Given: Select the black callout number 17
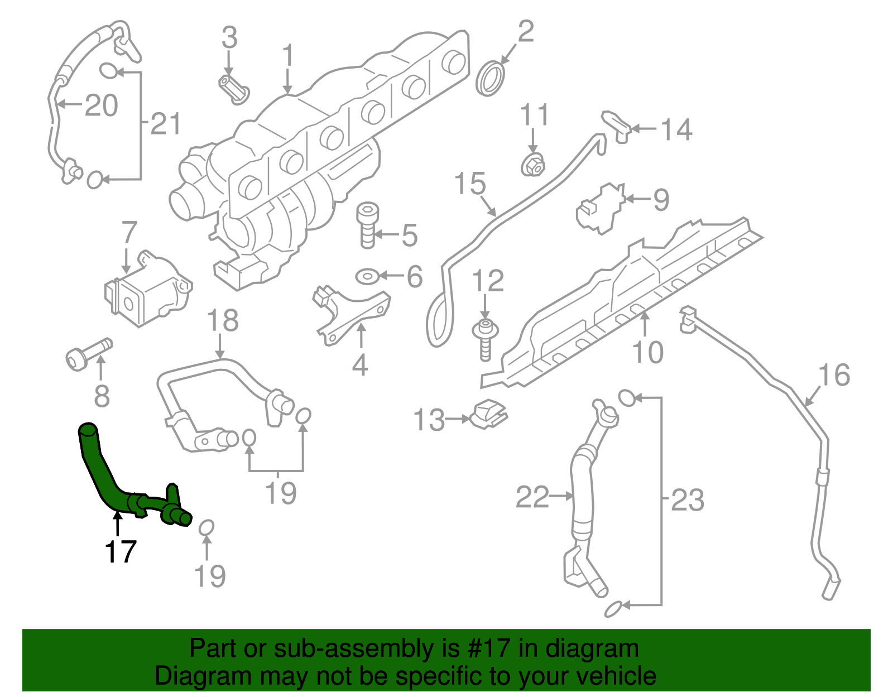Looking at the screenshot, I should coord(120,551).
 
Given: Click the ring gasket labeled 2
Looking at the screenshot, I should coord(492,79).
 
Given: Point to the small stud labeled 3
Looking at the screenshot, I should coord(233,89).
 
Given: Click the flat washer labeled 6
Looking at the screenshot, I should coord(367,276).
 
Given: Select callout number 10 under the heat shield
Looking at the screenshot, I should coord(647,352).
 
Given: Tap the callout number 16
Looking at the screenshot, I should coord(834,375).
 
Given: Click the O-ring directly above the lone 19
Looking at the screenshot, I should coord(206,527).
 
